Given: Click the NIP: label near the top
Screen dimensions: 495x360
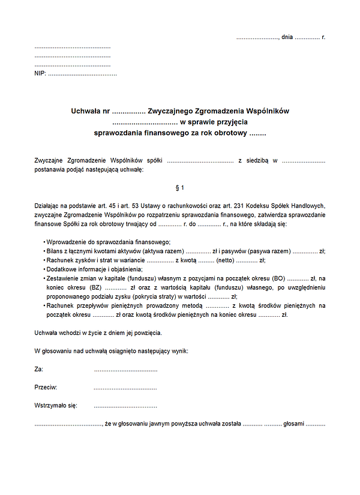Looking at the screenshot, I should (x=40, y=74).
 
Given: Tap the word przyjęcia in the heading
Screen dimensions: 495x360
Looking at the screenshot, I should (x=224, y=122).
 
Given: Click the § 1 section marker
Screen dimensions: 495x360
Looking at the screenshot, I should (x=180, y=188).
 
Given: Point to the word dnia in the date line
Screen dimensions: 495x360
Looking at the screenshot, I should (x=287, y=37).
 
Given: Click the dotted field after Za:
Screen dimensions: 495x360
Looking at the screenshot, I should (x=125, y=370).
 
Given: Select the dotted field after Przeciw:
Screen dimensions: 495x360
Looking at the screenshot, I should (x=125, y=388).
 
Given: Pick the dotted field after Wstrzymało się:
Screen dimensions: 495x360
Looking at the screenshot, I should (x=125, y=406).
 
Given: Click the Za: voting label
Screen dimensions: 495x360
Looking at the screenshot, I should (x=39, y=370).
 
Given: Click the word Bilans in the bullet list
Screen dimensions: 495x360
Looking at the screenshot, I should (x=56, y=251).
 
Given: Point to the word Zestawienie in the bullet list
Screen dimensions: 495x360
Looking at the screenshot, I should (x=64, y=278).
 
